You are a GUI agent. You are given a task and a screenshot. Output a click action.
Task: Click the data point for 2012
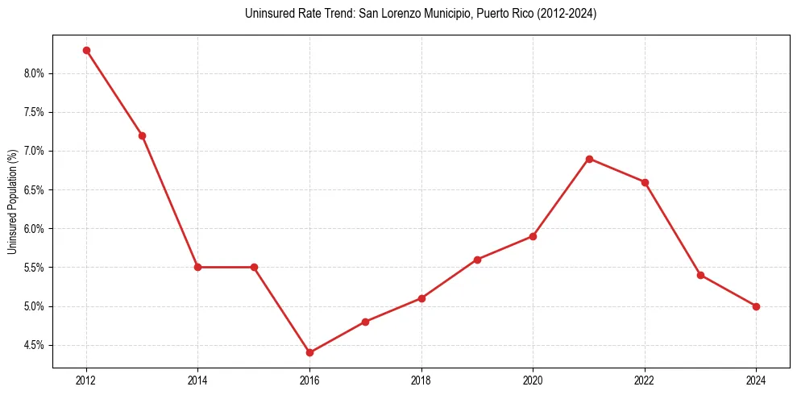(x=86, y=50)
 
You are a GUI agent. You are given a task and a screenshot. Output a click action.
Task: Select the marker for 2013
(x=142, y=135)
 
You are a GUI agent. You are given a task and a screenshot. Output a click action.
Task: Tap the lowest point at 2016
(x=309, y=352)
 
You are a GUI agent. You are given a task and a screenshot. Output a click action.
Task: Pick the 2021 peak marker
(x=589, y=159)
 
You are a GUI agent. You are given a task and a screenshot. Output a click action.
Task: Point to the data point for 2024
(x=756, y=306)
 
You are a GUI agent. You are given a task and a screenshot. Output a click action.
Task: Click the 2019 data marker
(x=477, y=260)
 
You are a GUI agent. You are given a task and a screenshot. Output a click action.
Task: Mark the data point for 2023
(x=700, y=275)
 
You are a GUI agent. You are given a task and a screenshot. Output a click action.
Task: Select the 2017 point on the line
(x=365, y=322)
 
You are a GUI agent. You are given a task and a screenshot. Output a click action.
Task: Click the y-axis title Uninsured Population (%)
(x=12, y=202)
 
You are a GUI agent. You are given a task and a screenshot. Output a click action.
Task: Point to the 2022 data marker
(x=645, y=182)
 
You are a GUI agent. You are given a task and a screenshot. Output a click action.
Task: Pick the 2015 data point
(x=254, y=267)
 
